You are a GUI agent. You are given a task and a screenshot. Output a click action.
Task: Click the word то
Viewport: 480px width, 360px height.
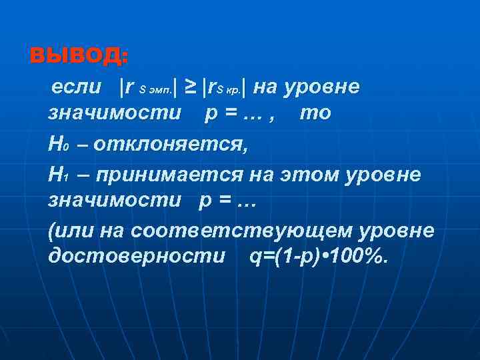tap(315, 113)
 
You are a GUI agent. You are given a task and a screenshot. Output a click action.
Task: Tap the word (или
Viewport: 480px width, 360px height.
tap(71, 231)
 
